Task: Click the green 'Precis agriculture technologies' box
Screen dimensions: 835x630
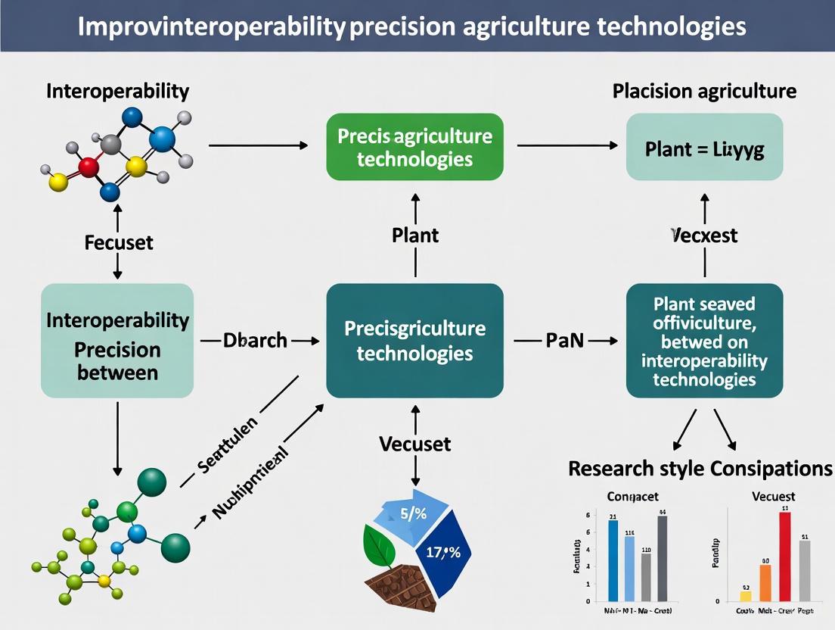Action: point(414,147)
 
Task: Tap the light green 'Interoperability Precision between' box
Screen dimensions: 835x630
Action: point(117,341)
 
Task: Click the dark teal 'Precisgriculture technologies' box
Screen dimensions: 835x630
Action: point(414,341)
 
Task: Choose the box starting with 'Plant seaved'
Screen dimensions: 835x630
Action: point(705,341)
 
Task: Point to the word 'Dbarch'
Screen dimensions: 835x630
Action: point(255,341)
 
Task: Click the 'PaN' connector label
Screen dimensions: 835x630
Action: point(565,341)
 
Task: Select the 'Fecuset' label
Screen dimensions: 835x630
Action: point(119,242)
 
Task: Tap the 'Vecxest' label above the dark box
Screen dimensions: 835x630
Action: point(705,235)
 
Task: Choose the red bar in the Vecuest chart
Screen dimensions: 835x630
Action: point(785,556)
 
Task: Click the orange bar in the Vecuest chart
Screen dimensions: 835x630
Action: point(765,582)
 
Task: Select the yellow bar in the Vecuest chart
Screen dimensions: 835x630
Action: point(746,596)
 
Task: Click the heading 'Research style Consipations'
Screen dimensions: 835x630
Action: point(700,468)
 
